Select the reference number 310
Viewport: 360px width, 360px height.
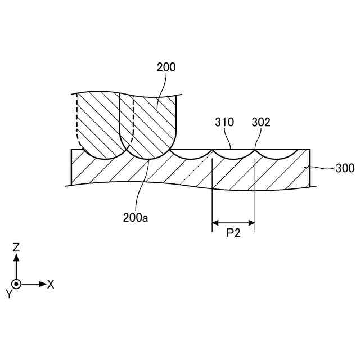click(x=224, y=122)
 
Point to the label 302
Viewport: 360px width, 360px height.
click(x=260, y=122)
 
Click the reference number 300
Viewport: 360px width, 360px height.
click(x=345, y=168)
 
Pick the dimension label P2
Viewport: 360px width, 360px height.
click(x=233, y=233)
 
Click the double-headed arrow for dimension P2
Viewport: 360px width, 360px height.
click(x=233, y=224)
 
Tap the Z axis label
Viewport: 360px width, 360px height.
click(x=16, y=247)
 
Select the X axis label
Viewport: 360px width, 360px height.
click(x=51, y=284)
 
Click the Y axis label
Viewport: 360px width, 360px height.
click(x=8, y=294)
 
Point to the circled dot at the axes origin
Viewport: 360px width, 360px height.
click(x=16, y=284)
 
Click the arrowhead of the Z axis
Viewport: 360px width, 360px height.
click(x=16, y=256)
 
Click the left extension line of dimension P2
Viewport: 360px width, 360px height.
click(x=211, y=191)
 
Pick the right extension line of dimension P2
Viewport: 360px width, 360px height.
click(x=255, y=191)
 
